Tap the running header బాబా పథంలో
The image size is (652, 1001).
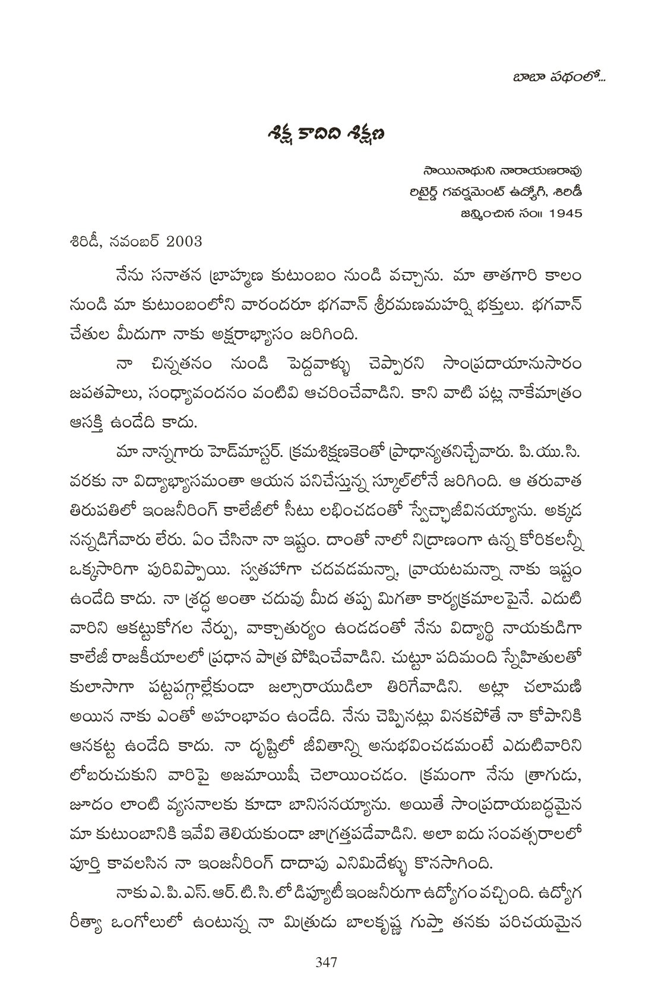tap(553, 76)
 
